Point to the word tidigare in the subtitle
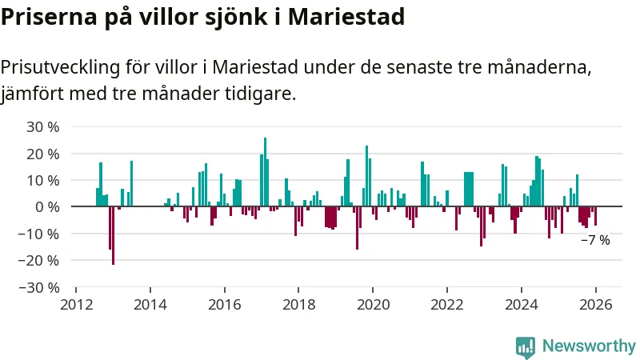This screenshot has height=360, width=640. pyautogui.click(x=261, y=93)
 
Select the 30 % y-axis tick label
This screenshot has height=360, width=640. pyautogui.click(x=43, y=126)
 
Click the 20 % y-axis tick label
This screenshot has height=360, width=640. pyautogui.click(x=43, y=154)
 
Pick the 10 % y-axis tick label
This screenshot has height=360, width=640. pyautogui.click(x=43, y=180)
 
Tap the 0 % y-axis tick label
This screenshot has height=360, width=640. pyautogui.click(x=47, y=206)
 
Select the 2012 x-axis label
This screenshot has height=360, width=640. pyautogui.click(x=76, y=304)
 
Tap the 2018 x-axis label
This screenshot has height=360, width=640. pyautogui.click(x=298, y=304)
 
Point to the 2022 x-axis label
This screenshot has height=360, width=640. pyautogui.click(x=447, y=304)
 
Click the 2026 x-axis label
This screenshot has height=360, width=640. pyautogui.click(x=596, y=304)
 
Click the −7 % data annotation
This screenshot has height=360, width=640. pyautogui.click(x=595, y=240)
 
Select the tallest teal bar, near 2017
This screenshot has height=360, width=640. pyautogui.click(x=265, y=172)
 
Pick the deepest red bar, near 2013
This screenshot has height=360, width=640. pyautogui.click(x=113, y=235)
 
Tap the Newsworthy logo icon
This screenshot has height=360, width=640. pyautogui.click(x=526, y=346)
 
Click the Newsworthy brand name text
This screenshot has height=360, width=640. pyautogui.click(x=589, y=346)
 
